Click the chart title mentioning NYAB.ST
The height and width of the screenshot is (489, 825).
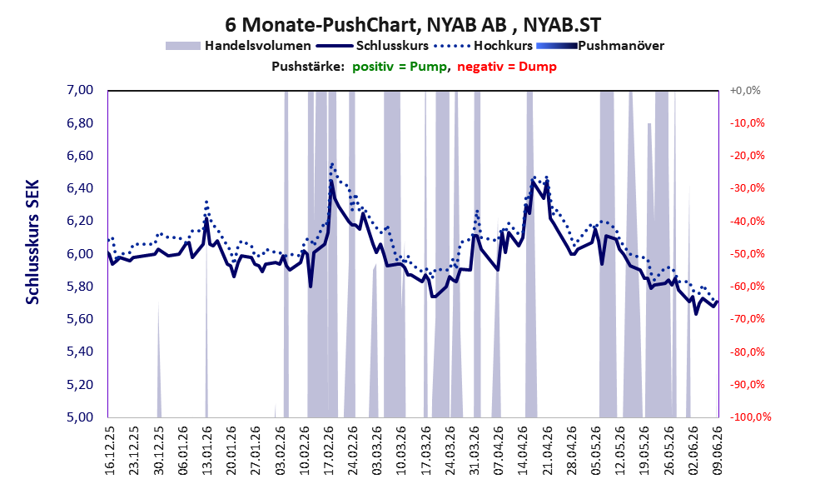(x=413, y=24)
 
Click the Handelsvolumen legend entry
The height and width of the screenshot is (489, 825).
(x=238, y=46)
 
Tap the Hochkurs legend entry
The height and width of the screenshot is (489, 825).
(x=484, y=46)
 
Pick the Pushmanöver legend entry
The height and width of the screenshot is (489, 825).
(x=600, y=46)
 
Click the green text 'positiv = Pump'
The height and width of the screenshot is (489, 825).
(x=400, y=67)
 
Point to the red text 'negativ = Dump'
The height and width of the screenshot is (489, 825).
(x=507, y=67)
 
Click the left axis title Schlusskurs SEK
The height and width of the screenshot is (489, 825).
(x=32, y=242)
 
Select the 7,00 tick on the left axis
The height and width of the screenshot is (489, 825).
(x=80, y=90)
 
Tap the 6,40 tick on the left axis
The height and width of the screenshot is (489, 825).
(x=80, y=188)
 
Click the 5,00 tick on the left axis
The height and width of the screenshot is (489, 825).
(x=80, y=417)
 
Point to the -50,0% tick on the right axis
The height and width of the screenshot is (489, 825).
(x=747, y=254)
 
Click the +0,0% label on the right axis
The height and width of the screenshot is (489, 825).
(x=745, y=91)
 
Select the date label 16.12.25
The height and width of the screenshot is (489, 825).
(x=110, y=451)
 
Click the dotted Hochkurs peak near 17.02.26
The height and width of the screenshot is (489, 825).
(x=331, y=164)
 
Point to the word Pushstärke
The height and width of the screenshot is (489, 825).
(x=308, y=67)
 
